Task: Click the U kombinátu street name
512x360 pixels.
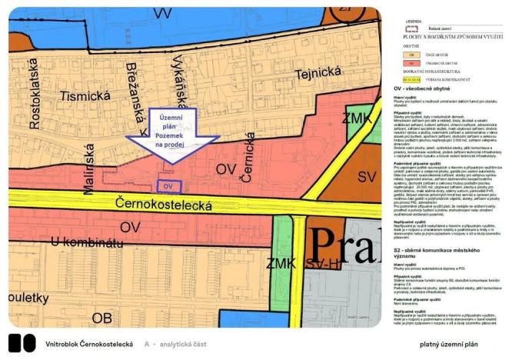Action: pyautogui.click(x=65, y=243)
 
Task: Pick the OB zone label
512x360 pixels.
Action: pyautogui.click(x=103, y=317)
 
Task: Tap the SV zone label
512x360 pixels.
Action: pyautogui.click(x=367, y=178)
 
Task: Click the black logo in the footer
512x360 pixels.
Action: pyautogui.click(x=22, y=343)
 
